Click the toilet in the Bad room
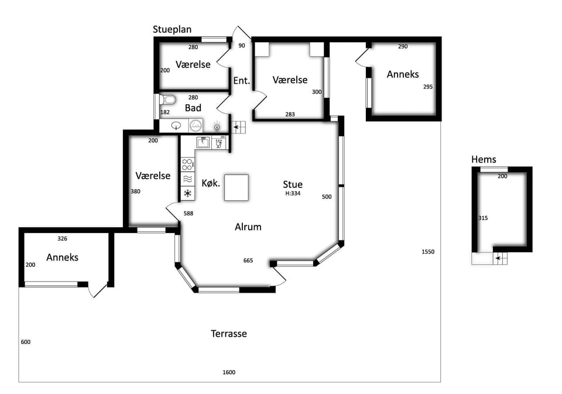(168, 100)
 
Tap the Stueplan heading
(172, 29)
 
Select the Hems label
(484, 160)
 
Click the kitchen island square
(237, 187)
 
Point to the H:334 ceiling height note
(293, 193)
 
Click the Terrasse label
(229, 334)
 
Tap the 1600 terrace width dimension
(229, 372)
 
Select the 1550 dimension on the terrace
(428, 252)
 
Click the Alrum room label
(248, 227)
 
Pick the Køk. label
(211, 183)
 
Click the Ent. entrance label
(242, 81)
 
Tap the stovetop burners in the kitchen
(187, 165)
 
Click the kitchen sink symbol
(203, 142)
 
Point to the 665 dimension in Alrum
(248, 261)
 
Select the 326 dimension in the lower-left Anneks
(63, 238)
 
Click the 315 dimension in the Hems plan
(483, 218)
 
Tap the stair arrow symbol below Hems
(499, 258)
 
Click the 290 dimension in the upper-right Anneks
(403, 46)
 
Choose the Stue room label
(293, 184)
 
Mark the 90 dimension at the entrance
(242, 46)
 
